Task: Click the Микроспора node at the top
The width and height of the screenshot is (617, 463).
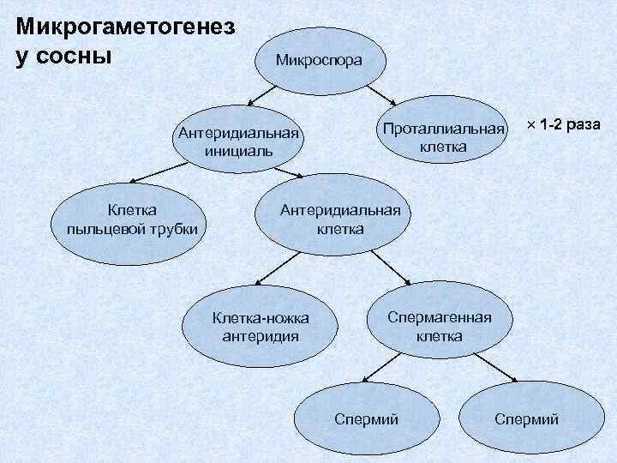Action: click(319, 61)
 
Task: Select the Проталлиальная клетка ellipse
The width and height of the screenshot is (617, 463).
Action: click(443, 137)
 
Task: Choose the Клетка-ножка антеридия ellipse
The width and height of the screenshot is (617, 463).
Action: click(261, 327)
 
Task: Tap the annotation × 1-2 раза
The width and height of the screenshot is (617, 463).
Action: click(563, 125)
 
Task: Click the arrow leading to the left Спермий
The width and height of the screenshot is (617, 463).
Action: click(382, 370)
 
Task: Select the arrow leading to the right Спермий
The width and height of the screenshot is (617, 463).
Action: click(494, 370)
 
